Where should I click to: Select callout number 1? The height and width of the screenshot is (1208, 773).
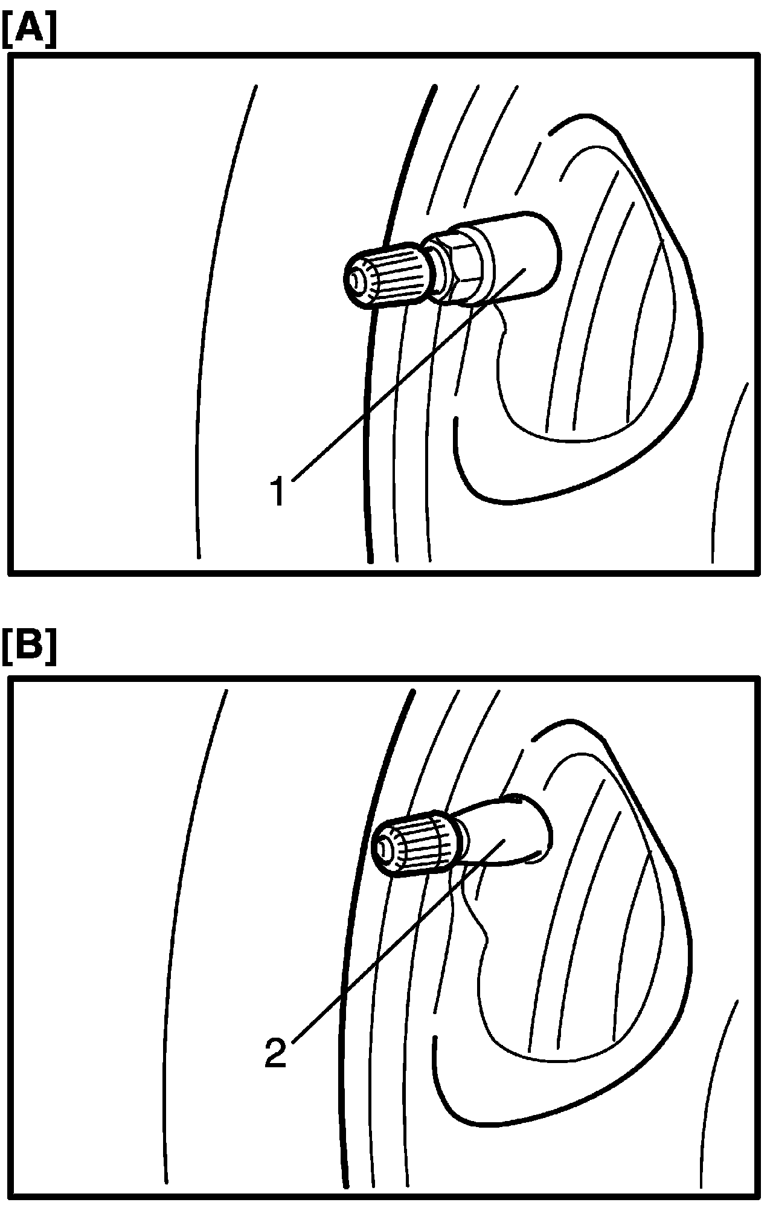[278, 492]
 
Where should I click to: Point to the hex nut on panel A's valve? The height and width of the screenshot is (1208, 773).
[459, 263]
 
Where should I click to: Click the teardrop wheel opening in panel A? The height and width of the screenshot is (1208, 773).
[604, 362]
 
